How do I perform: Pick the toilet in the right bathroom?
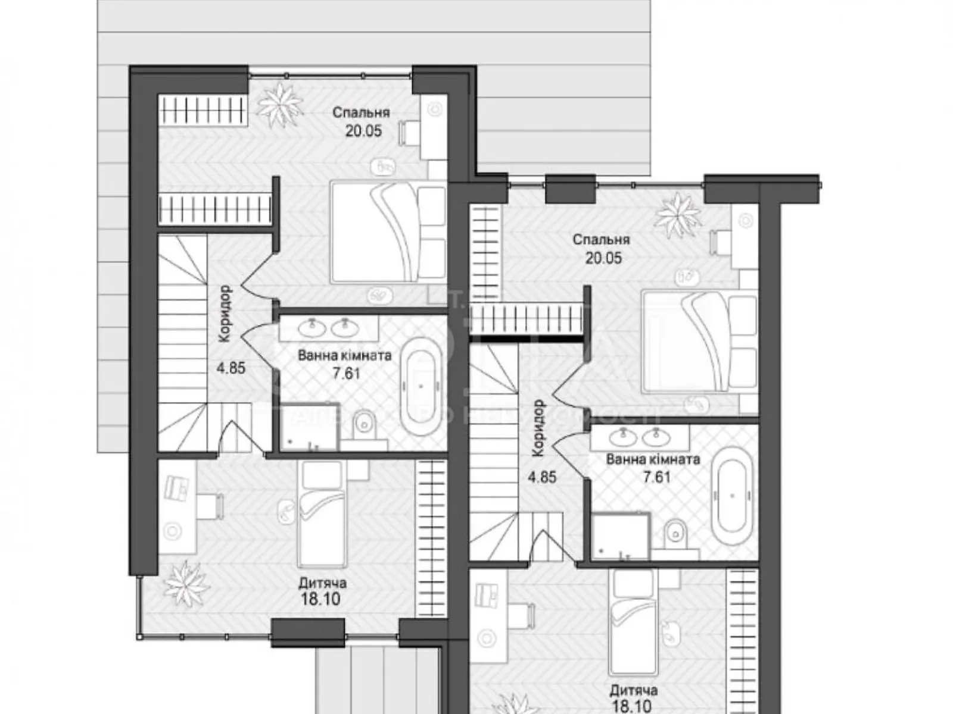(x=675, y=531)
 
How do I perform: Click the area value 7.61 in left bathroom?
(x=344, y=374)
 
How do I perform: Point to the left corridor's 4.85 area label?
(x=231, y=368)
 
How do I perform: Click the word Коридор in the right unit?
(x=538, y=428)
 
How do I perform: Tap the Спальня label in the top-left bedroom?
(x=361, y=112)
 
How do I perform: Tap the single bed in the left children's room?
(x=322, y=515)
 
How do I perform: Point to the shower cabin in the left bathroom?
(x=309, y=426)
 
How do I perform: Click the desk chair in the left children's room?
(x=210, y=505)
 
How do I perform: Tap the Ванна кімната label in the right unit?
(x=653, y=459)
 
